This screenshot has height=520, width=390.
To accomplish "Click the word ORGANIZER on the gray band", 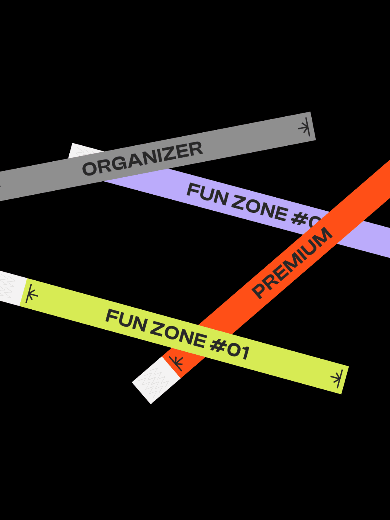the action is pyautogui.click(x=142, y=158).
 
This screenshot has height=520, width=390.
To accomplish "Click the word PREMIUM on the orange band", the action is pyautogui.click(x=291, y=263).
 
